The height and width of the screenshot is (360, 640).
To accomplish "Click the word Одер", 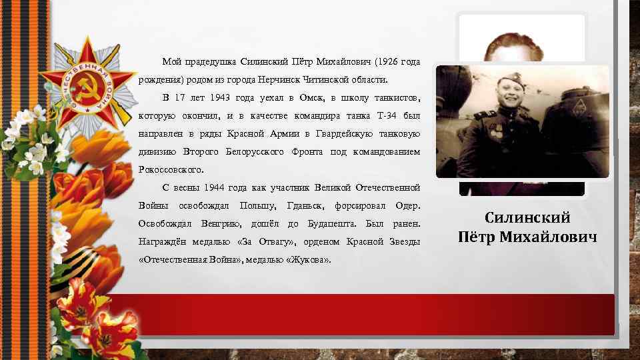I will [407, 205].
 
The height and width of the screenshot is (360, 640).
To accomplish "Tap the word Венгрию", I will [221, 223].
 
